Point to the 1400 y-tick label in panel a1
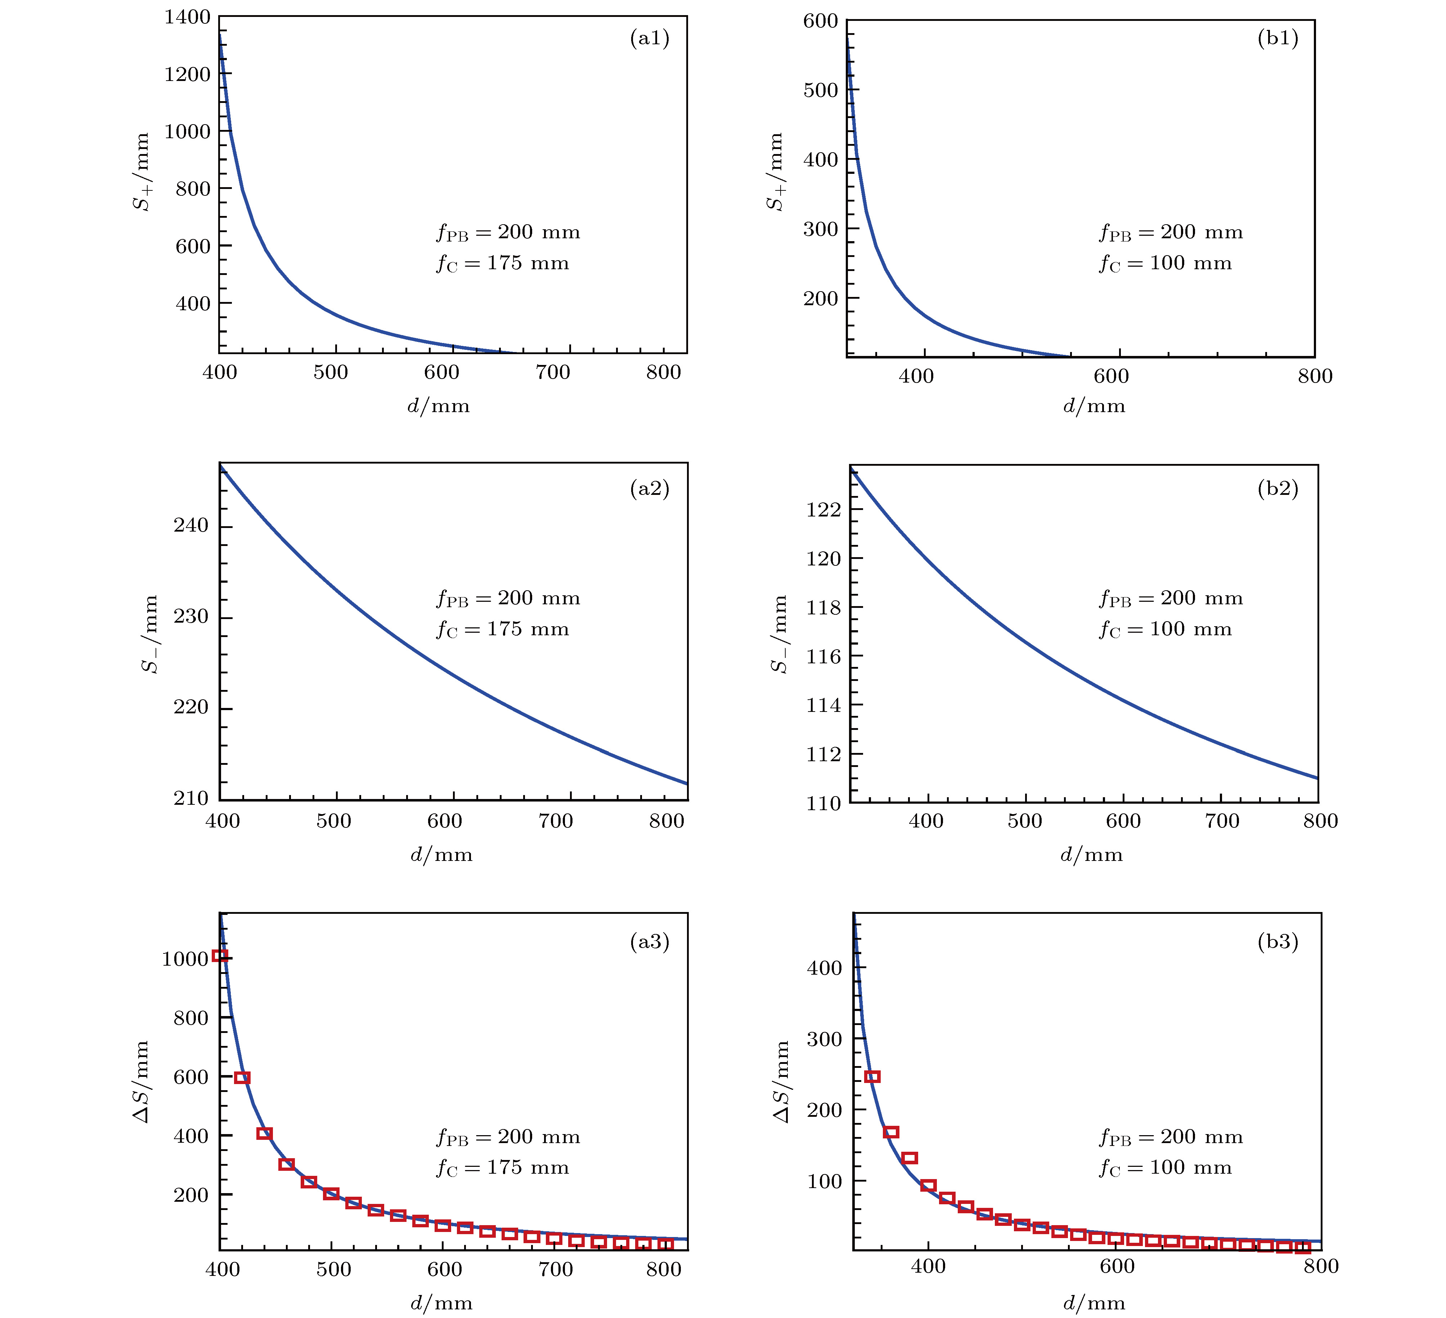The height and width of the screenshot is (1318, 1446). (x=187, y=17)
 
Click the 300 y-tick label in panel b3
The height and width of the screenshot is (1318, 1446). (x=824, y=1039)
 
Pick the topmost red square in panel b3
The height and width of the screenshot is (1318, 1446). (x=872, y=1076)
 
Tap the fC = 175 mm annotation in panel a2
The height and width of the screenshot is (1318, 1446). (x=502, y=629)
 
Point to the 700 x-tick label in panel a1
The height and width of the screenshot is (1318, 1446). (x=553, y=372)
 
